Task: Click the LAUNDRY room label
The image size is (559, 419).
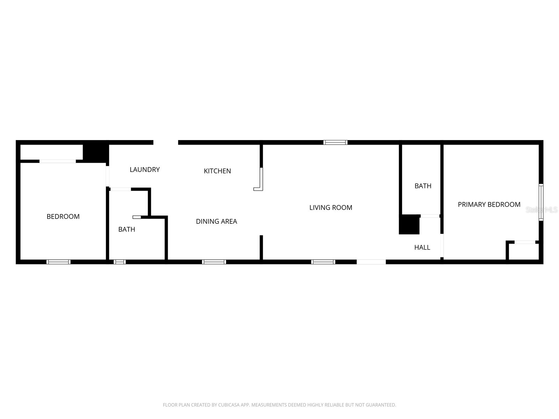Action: coord(145,170)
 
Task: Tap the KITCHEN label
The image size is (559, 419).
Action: coord(217,171)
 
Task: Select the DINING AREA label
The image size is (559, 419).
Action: coord(216,221)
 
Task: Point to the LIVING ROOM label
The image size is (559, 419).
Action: coord(331,208)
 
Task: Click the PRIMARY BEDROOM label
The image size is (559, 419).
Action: coord(489,205)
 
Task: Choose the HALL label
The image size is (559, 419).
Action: coord(422,248)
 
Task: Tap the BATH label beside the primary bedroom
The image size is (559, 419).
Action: coord(423,186)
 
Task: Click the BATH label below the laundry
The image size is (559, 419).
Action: coord(126,229)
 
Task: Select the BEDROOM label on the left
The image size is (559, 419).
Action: coord(63,217)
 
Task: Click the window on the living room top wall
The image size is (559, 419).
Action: coord(335,142)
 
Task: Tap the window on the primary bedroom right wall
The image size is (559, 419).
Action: coord(541,203)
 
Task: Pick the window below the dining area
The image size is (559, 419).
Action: coord(214,262)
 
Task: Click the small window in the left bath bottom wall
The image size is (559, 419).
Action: coord(119,262)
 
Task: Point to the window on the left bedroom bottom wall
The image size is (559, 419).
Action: coord(58,262)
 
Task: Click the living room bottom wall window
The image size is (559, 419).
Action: coord(323,262)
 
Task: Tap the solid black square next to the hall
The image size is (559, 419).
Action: coord(409,225)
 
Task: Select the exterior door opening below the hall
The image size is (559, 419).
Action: coord(371,262)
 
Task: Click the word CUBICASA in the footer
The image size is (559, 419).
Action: coord(228,405)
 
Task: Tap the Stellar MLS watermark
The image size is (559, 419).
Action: coord(542,210)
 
